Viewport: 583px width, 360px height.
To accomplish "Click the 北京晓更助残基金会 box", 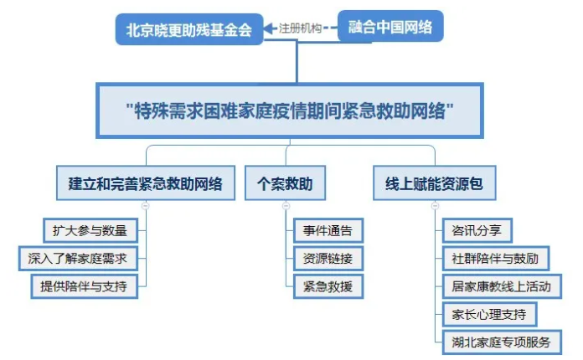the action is pyautogui.click(x=189, y=29).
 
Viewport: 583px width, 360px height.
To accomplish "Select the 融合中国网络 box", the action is pyautogui.click(x=390, y=27).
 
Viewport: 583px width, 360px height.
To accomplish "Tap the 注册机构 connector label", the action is pyautogui.click(x=300, y=28).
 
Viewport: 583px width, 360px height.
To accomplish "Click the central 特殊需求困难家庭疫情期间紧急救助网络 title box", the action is pyautogui.click(x=290, y=111).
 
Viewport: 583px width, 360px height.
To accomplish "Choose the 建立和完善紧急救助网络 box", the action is pyautogui.click(x=146, y=183).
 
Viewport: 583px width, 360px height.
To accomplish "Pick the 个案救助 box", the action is pyautogui.click(x=285, y=183).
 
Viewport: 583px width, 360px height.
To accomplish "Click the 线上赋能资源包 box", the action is pyautogui.click(x=434, y=183).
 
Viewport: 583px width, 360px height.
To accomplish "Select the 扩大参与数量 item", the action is pyautogui.click(x=90, y=230).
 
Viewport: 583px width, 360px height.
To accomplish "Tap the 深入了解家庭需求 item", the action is pyautogui.click(x=78, y=258).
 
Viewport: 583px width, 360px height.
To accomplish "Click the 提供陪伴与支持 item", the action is pyautogui.click(x=85, y=286).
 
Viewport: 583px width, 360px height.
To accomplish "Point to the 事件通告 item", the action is pyautogui.click(x=328, y=230).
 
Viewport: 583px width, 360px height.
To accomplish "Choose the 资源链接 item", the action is pyautogui.click(x=328, y=258).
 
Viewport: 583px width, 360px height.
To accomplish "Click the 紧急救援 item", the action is pyautogui.click(x=328, y=286).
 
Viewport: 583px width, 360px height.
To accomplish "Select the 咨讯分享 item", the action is pyautogui.click(x=477, y=230).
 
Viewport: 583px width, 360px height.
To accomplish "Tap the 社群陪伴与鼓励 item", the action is pyautogui.click(x=496, y=258).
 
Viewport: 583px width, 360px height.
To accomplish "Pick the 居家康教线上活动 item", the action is pyautogui.click(x=502, y=286).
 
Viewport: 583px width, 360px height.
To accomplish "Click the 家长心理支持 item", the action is pyautogui.click(x=489, y=314).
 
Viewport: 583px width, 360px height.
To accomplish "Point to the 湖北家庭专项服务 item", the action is pyautogui.click(x=502, y=342).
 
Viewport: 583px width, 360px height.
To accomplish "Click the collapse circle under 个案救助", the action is pyautogui.click(x=286, y=206).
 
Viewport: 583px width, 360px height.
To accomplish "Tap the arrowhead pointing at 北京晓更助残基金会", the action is pyautogui.click(x=269, y=28).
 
